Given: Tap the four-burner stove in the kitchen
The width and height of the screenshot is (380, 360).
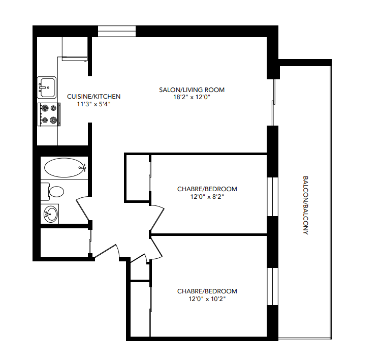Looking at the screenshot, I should [x=49, y=114].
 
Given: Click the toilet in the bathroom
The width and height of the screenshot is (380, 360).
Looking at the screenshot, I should [x=54, y=191].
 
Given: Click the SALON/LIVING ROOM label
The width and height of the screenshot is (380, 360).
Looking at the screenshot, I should [x=192, y=90].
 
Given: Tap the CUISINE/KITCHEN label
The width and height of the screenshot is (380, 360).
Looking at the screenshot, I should [x=93, y=97].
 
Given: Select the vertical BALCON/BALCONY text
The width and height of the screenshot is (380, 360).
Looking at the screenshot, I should [x=305, y=205].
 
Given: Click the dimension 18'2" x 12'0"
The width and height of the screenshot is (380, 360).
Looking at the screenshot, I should [x=192, y=97].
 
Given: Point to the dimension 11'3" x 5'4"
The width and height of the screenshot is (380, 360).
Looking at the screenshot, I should [x=93, y=104].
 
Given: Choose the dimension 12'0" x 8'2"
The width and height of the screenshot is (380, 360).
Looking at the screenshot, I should [x=207, y=196].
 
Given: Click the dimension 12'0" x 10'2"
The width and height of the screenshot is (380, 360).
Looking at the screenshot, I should [x=207, y=298].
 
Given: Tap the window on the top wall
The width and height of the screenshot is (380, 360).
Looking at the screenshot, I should [x=117, y=31].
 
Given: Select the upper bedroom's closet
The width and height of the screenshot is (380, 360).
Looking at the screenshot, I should [x=137, y=178].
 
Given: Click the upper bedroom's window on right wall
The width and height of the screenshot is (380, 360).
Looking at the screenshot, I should [x=273, y=196].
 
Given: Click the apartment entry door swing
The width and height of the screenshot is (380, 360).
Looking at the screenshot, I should [x=107, y=250].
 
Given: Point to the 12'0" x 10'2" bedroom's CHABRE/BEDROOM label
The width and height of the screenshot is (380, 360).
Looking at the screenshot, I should [x=207, y=291].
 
